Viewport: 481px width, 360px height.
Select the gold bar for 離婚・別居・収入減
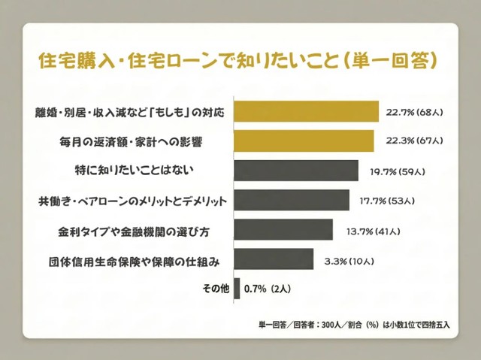pos(307,112)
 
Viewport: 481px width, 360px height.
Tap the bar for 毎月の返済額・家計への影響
pos(304,141)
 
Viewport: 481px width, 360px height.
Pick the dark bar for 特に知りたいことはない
pos(297,171)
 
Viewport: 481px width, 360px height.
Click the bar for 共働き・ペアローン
pos(292,201)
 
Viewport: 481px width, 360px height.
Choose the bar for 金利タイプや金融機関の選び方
pos(283,229)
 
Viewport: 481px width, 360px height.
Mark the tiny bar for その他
pos(237,289)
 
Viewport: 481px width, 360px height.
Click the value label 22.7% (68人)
pos(415,112)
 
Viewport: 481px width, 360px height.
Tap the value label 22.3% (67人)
pos(410,141)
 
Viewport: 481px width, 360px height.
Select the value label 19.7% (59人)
pos(396,171)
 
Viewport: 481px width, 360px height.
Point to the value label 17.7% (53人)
pos(387,201)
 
